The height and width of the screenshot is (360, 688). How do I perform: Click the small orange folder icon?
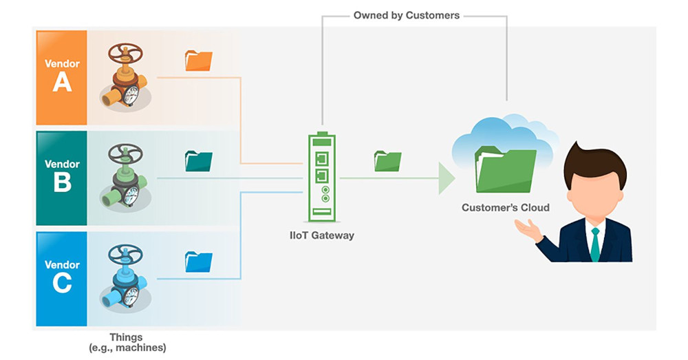click(x=199, y=61)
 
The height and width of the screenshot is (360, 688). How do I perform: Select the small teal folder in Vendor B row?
click(x=199, y=161)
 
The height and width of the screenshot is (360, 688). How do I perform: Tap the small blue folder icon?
click(x=199, y=262)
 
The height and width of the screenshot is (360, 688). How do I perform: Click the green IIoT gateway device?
click(x=321, y=176)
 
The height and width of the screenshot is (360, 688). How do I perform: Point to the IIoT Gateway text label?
click(x=321, y=235)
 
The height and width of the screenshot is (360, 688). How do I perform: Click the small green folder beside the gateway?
click(x=387, y=161)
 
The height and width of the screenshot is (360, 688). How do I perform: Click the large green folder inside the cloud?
click(x=505, y=169)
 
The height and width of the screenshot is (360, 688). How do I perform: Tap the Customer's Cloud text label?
click(x=506, y=207)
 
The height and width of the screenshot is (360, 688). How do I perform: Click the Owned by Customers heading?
click(x=407, y=14)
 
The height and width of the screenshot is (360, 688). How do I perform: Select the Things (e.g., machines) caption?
click(x=127, y=343)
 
